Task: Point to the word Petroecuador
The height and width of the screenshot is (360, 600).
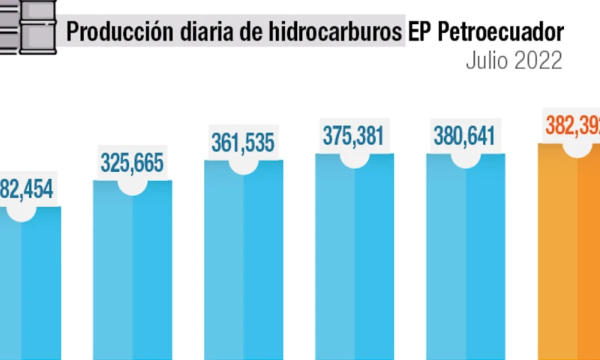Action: (x=499, y=33)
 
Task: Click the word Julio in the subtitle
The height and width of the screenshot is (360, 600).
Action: (x=486, y=61)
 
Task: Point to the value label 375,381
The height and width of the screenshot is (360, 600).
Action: (x=353, y=136)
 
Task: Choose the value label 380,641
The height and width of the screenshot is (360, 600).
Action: (x=464, y=136)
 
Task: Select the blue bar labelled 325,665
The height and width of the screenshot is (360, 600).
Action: (x=132, y=277)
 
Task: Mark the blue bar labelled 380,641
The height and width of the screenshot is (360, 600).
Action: (x=465, y=262)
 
